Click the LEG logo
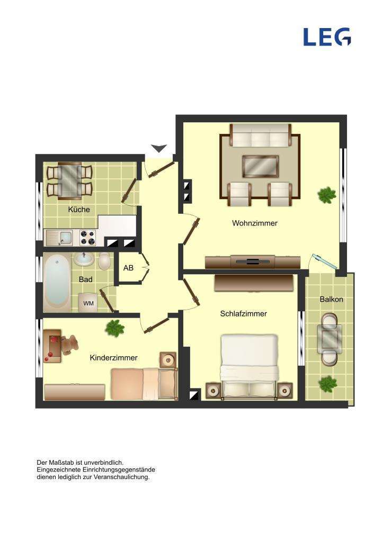(x=326, y=37)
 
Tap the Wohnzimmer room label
(x=254, y=223)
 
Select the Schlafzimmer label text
(x=243, y=314)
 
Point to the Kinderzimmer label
(x=113, y=358)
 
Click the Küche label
(x=79, y=210)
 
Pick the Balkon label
(x=331, y=300)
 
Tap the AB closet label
(x=128, y=268)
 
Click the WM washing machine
(x=88, y=303)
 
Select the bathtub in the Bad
(x=57, y=282)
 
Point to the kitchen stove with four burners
(x=87, y=238)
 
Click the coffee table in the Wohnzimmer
(x=260, y=166)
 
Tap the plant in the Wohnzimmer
(x=326, y=195)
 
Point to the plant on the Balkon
(x=328, y=383)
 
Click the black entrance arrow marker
(x=159, y=148)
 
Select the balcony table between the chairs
(x=329, y=339)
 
